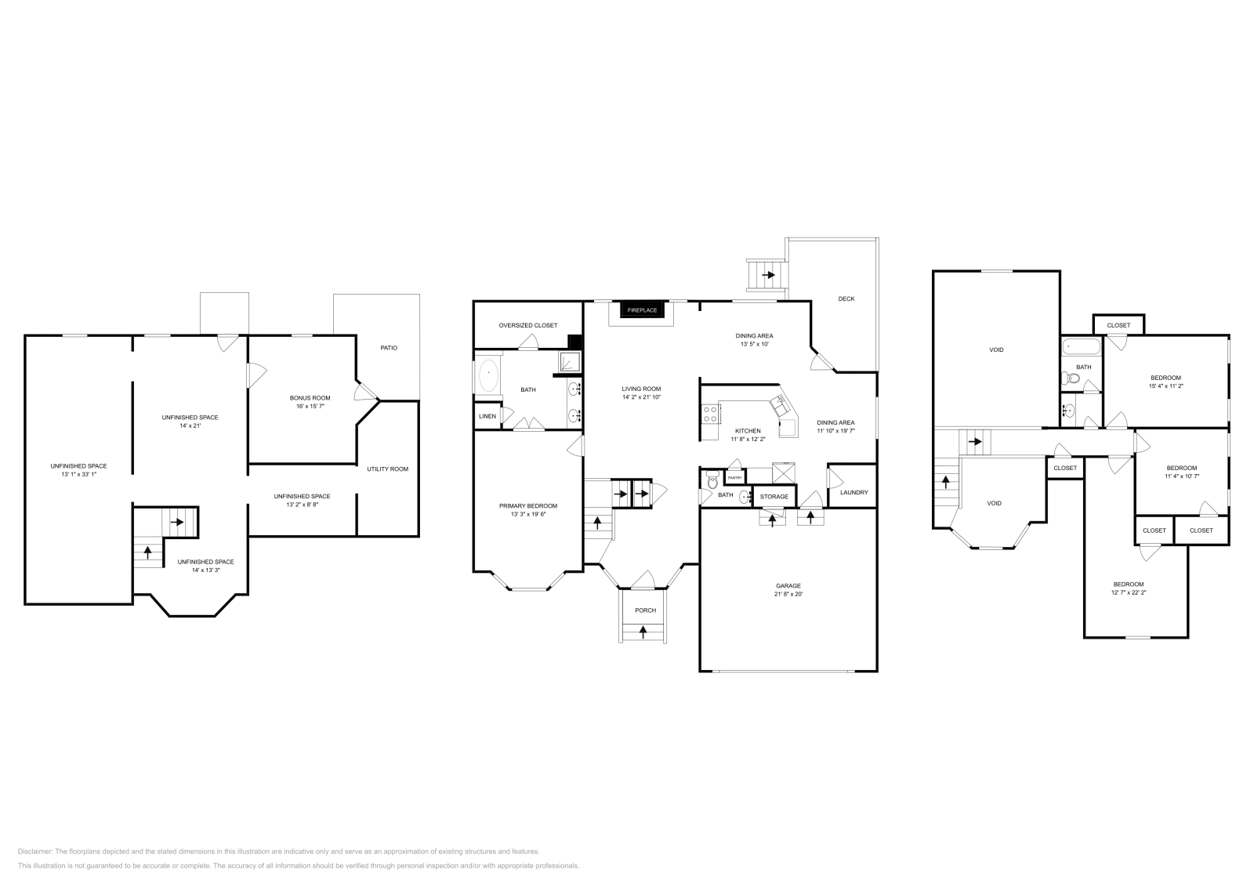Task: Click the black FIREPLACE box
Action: [642, 311]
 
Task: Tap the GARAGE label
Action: [788, 585]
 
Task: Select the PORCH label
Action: [645, 610]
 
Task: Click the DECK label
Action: [846, 299]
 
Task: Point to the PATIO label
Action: [389, 347]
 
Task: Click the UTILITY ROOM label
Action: [388, 469]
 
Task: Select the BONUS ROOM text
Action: [310, 398]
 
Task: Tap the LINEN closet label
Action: [487, 416]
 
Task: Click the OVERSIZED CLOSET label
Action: [528, 325]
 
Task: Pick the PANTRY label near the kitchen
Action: [734, 477]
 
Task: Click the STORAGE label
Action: [774, 497]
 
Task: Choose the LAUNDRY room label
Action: [854, 492]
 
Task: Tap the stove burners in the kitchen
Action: [710, 414]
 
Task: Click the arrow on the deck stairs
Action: [768, 275]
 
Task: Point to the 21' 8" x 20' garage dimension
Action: [788, 595]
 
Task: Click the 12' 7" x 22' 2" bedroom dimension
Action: [1129, 593]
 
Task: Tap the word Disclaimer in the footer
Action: [34, 851]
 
